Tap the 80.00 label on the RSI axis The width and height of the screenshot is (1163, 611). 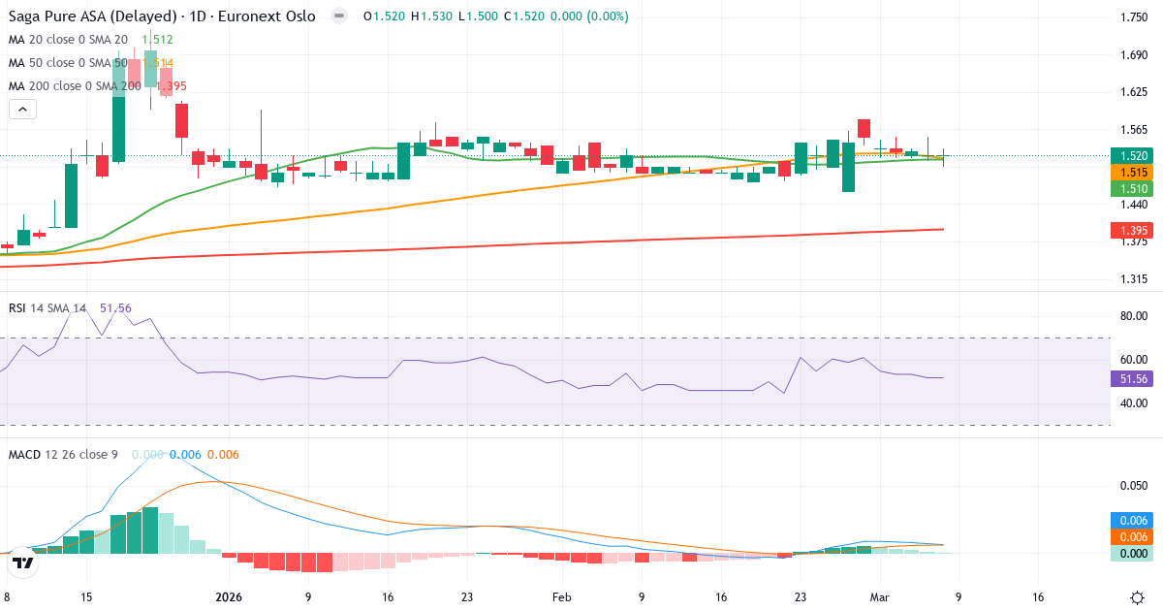1134,316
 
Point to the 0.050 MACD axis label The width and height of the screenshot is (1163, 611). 1134,485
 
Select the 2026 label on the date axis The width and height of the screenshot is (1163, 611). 229,597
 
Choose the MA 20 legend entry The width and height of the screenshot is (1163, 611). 68,40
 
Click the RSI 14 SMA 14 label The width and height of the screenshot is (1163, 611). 47,308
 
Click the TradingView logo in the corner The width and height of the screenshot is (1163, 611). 23,563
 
